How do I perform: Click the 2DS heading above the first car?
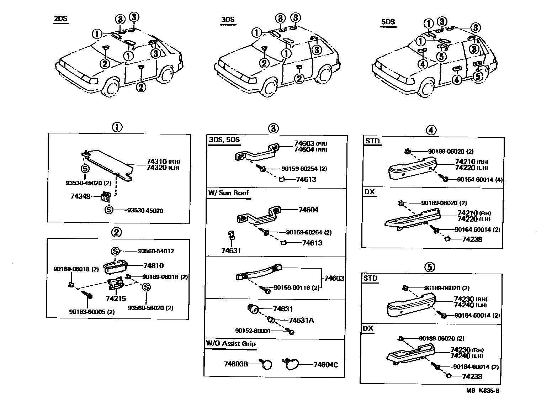point(60,19)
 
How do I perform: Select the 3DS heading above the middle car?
point(228,20)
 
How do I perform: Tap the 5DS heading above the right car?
point(388,22)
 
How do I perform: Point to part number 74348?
point(80,196)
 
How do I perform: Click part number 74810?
point(153,265)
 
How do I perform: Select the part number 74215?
point(116,299)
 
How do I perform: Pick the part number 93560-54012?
point(156,251)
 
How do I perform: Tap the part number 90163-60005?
point(86,312)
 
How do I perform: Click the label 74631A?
point(301,320)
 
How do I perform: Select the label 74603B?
point(235,364)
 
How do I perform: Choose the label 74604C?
point(325,365)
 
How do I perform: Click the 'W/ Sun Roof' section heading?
point(228,193)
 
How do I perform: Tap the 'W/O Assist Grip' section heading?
point(230,344)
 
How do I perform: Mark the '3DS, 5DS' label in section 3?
point(224,140)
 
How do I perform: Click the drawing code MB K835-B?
point(483,391)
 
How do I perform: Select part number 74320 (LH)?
point(156,168)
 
